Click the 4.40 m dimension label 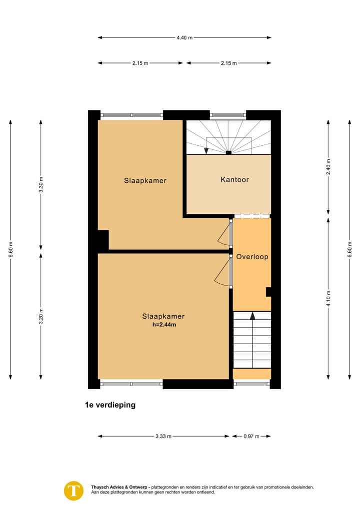[184, 37]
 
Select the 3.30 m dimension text [41, 185]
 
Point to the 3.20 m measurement [41, 316]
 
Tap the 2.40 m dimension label [328, 165]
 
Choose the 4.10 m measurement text [328, 299]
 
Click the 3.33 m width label [163, 436]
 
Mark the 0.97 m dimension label [251, 436]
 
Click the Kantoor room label [234, 180]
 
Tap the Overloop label [252, 257]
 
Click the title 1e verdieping [110, 405]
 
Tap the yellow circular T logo [74, 490]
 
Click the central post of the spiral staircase [228, 153]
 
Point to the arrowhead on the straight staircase [252, 316]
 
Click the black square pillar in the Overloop [268, 292]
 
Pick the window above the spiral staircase [228, 115]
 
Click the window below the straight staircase [251, 384]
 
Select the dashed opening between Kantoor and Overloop [252, 216]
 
